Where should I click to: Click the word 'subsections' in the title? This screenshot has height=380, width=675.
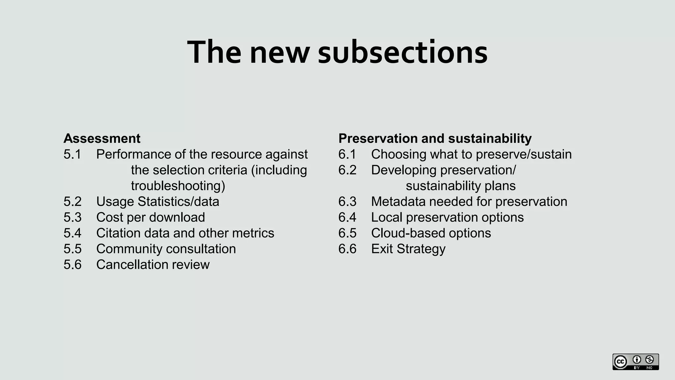click(402, 52)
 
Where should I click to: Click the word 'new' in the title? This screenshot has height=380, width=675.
click(279, 52)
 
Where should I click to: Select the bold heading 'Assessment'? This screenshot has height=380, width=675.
click(102, 138)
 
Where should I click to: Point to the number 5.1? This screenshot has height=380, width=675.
click(72, 154)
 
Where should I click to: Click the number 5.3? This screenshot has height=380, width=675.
click(72, 217)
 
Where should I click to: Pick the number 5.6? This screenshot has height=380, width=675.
click(72, 265)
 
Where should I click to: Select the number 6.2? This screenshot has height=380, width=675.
click(347, 170)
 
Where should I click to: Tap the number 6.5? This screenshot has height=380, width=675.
click(347, 233)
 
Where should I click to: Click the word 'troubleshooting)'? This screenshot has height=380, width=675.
click(178, 186)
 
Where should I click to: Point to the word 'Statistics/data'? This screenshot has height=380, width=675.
click(178, 202)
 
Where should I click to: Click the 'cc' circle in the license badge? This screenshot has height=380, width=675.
click(621, 362)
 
